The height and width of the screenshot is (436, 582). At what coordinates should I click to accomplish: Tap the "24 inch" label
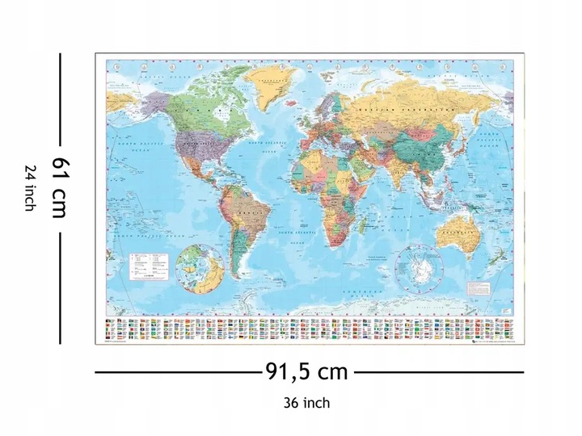(x=30, y=188)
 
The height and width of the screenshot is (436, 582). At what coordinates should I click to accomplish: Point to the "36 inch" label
(x=306, y=402)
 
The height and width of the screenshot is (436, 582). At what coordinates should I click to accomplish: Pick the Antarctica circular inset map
(x=417, y=266)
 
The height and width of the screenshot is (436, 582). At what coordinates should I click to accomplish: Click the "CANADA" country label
(x=194, y=109)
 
